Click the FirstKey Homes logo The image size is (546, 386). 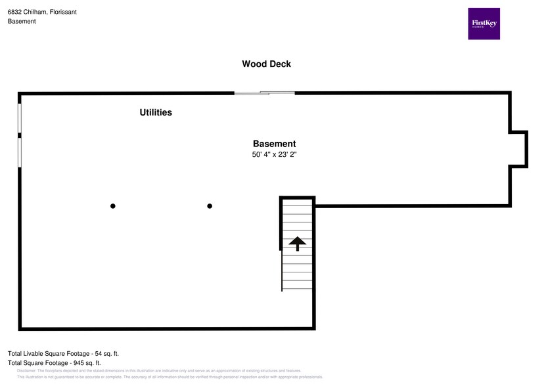coord(484,24)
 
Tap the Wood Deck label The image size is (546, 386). coord(266,64)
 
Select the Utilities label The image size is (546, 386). coord(156,112)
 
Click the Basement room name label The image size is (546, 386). coord(274,144)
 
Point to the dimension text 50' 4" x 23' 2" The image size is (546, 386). coord(274,155)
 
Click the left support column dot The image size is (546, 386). coord(113,206)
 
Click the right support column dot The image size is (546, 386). coord(210,206)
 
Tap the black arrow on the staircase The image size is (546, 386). coord(298,244)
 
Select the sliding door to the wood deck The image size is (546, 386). coord(265,93)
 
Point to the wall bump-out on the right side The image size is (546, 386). coord(519,148)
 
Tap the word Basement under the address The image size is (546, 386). coord(22,21)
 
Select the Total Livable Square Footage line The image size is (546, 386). coord(63,353)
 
